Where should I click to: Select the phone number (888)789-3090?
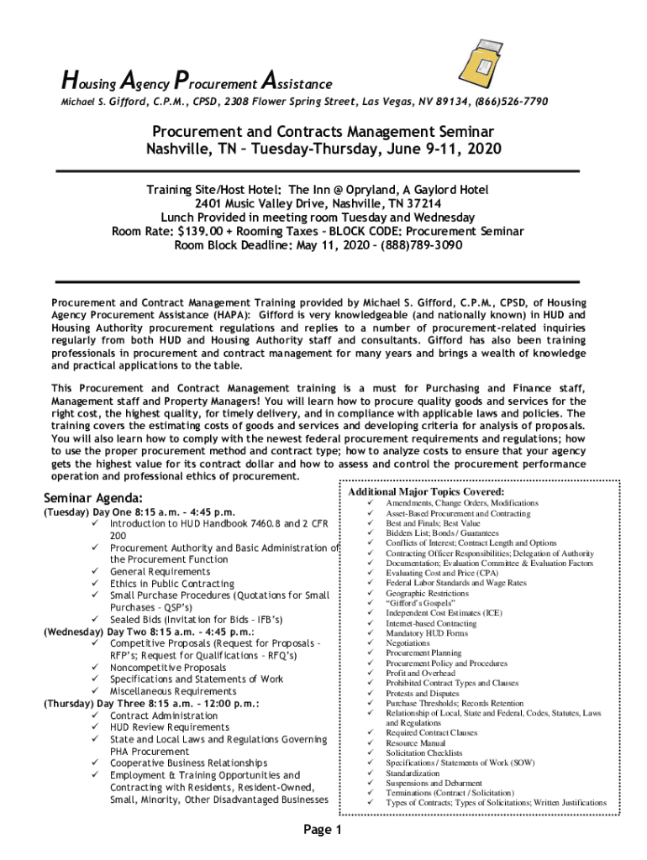(x=421, y=246)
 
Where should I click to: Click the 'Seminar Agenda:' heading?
(x=98, y=497)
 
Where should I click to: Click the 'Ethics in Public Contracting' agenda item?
(x=172, y=584)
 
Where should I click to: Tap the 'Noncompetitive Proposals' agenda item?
(x=168, y=669)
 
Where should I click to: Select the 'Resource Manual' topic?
(x=416, y=743)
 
